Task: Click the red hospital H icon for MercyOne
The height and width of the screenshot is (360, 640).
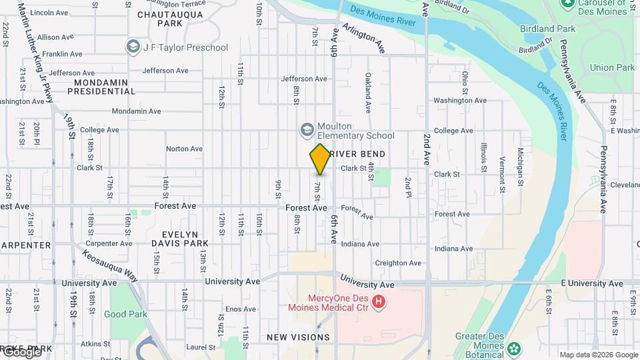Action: click(379, 302)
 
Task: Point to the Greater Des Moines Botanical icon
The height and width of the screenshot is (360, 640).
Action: click(513, 349)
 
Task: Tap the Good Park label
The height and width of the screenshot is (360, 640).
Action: click(125, 314)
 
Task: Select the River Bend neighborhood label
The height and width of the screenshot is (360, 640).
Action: click(357, 154)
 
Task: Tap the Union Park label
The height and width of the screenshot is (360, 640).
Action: click(612, 67)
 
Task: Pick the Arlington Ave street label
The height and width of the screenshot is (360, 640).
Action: click(364, 38)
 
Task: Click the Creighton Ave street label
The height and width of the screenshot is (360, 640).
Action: click(397, 263)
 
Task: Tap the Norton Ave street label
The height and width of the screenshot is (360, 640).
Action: click(184, 149)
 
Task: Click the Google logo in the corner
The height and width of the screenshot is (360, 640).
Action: click(21, 352)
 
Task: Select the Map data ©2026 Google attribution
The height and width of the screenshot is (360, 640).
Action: click(598, 355)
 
